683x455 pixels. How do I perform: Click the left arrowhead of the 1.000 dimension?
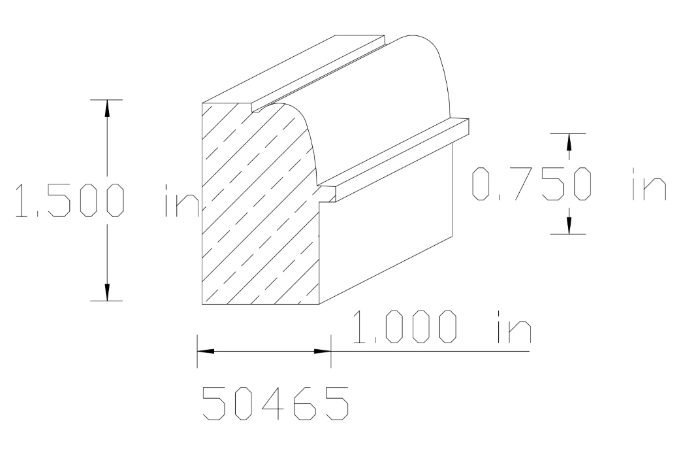click(x=206, y=352)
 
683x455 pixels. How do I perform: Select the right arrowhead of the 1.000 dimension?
click(x=323, y=352)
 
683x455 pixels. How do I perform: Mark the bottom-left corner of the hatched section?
click(x=202, y=305)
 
